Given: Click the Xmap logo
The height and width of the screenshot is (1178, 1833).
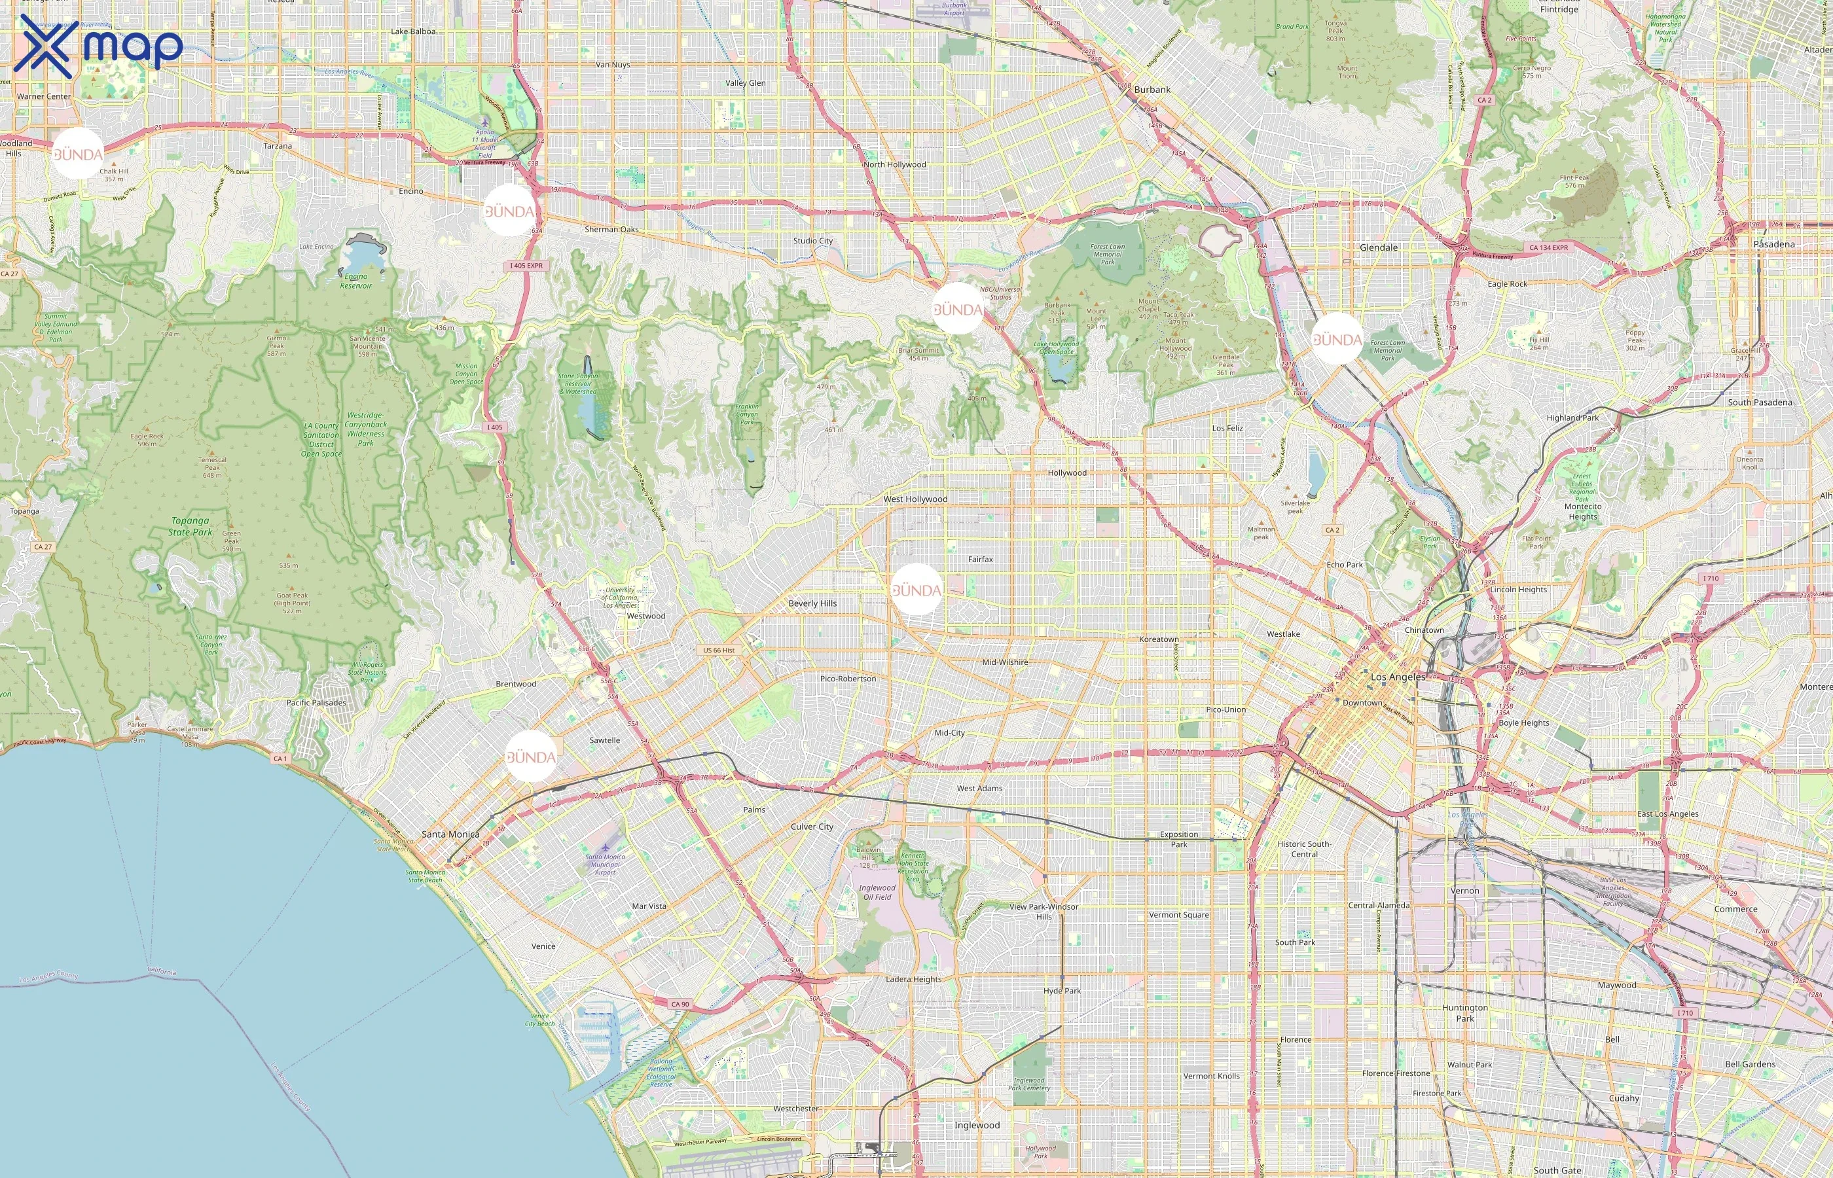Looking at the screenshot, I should (x=100, y=46).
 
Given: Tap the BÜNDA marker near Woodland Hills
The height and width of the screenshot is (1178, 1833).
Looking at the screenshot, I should (x=78, y=154).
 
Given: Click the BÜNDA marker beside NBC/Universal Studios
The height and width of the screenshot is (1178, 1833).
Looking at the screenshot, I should (x=958, y=309).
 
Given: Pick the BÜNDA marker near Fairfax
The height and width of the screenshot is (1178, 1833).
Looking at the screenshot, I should (x=916, y=590).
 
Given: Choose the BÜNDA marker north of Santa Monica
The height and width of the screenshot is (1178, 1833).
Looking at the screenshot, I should (x=530, y=757).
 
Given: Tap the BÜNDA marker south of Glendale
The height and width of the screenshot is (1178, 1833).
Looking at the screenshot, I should (x=1337, y=339).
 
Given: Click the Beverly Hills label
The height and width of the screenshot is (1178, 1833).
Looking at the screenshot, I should (x=812, y=603).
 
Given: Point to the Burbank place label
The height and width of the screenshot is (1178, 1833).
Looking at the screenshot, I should (x=1152, y=90).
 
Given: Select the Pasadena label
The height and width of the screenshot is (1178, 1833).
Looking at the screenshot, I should (x=1773, y=244).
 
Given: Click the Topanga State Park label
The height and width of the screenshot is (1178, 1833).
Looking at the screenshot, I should (x=191, y=526).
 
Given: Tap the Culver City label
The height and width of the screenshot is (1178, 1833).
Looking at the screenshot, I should (x=812, y=827).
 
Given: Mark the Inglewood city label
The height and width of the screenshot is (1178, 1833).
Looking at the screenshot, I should (x=976, y=1125).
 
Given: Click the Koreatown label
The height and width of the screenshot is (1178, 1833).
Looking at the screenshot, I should (x=1158, y=639).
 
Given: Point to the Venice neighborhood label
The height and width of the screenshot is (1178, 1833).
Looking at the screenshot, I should (x=543, y=946).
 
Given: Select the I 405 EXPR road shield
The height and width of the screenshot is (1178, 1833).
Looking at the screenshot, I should (x=526, y=266).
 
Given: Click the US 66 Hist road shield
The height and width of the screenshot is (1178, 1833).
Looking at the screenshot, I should (x=718, y=651).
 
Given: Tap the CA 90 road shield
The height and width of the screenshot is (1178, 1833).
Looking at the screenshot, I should (x=680, y=1005).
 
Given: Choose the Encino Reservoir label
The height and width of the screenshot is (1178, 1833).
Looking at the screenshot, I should (x=355, y=281).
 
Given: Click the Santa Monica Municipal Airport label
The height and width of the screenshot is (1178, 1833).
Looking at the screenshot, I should (x=604, y=865).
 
